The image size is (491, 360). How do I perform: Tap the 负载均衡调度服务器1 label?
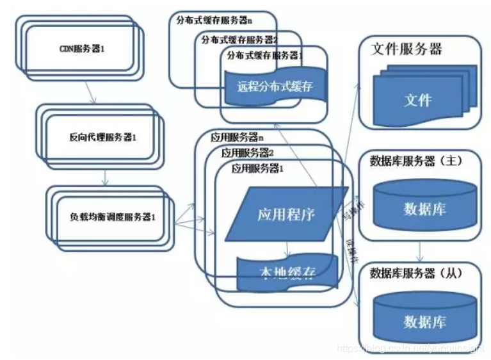pyautogui.click(x=113, y=217)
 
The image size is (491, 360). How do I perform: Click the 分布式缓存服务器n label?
pyautogui.click(x=214, y=20)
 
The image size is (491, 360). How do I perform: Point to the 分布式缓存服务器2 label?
pyautogui.click(x=239, y=39)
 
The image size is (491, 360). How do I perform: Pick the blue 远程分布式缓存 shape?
pyautogui.click(x=275, y=86)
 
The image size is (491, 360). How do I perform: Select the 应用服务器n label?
pyautogui.click(x=237, y=137)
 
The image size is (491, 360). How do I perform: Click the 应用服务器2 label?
pyautogui.click(x=248, y=153)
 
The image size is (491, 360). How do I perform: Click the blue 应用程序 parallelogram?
pyautogui.click(x=286, y=213)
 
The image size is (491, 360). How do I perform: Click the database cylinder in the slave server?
pyautogui.click(x=424, y=318)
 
